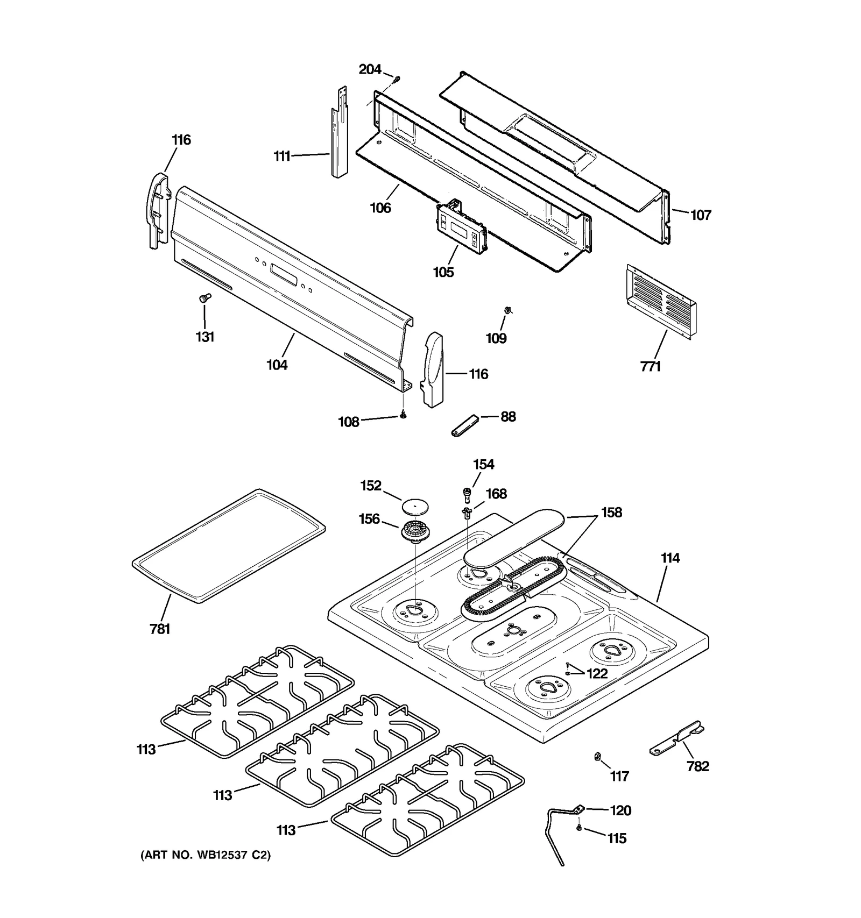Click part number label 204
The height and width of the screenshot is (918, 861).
point(370,69)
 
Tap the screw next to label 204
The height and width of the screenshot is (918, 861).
point(396,79)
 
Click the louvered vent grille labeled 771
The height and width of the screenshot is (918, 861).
point(661,302)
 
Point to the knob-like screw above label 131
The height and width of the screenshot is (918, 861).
point(205,297)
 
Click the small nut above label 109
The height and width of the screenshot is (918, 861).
point(507,309)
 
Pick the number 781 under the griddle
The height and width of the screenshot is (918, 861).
point(160,629)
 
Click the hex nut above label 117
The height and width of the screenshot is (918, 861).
point(597,757)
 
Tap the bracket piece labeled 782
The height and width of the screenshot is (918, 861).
point(677,738)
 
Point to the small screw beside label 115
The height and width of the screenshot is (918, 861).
point(579,828)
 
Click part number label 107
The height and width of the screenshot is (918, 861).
point(701,215)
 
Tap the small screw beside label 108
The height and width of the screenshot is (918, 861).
point(403,415)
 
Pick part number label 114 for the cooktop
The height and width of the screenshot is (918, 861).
point(670,558)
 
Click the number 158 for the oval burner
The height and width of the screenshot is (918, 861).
point(611,513)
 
